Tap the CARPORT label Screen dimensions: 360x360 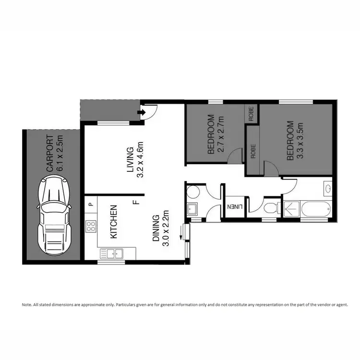[49, 153]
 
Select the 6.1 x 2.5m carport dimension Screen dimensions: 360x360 [59, 153]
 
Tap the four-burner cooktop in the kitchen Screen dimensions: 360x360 [91, 226]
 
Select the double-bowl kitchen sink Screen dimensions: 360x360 [111, 252]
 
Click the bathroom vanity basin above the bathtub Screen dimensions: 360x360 [328, 188]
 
